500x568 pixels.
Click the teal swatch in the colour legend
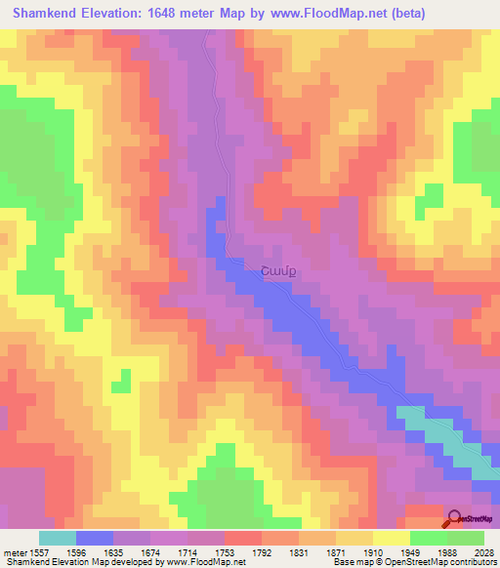58,538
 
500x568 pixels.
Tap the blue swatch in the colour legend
95,538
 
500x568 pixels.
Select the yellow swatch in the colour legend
391,538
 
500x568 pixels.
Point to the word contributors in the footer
472,561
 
